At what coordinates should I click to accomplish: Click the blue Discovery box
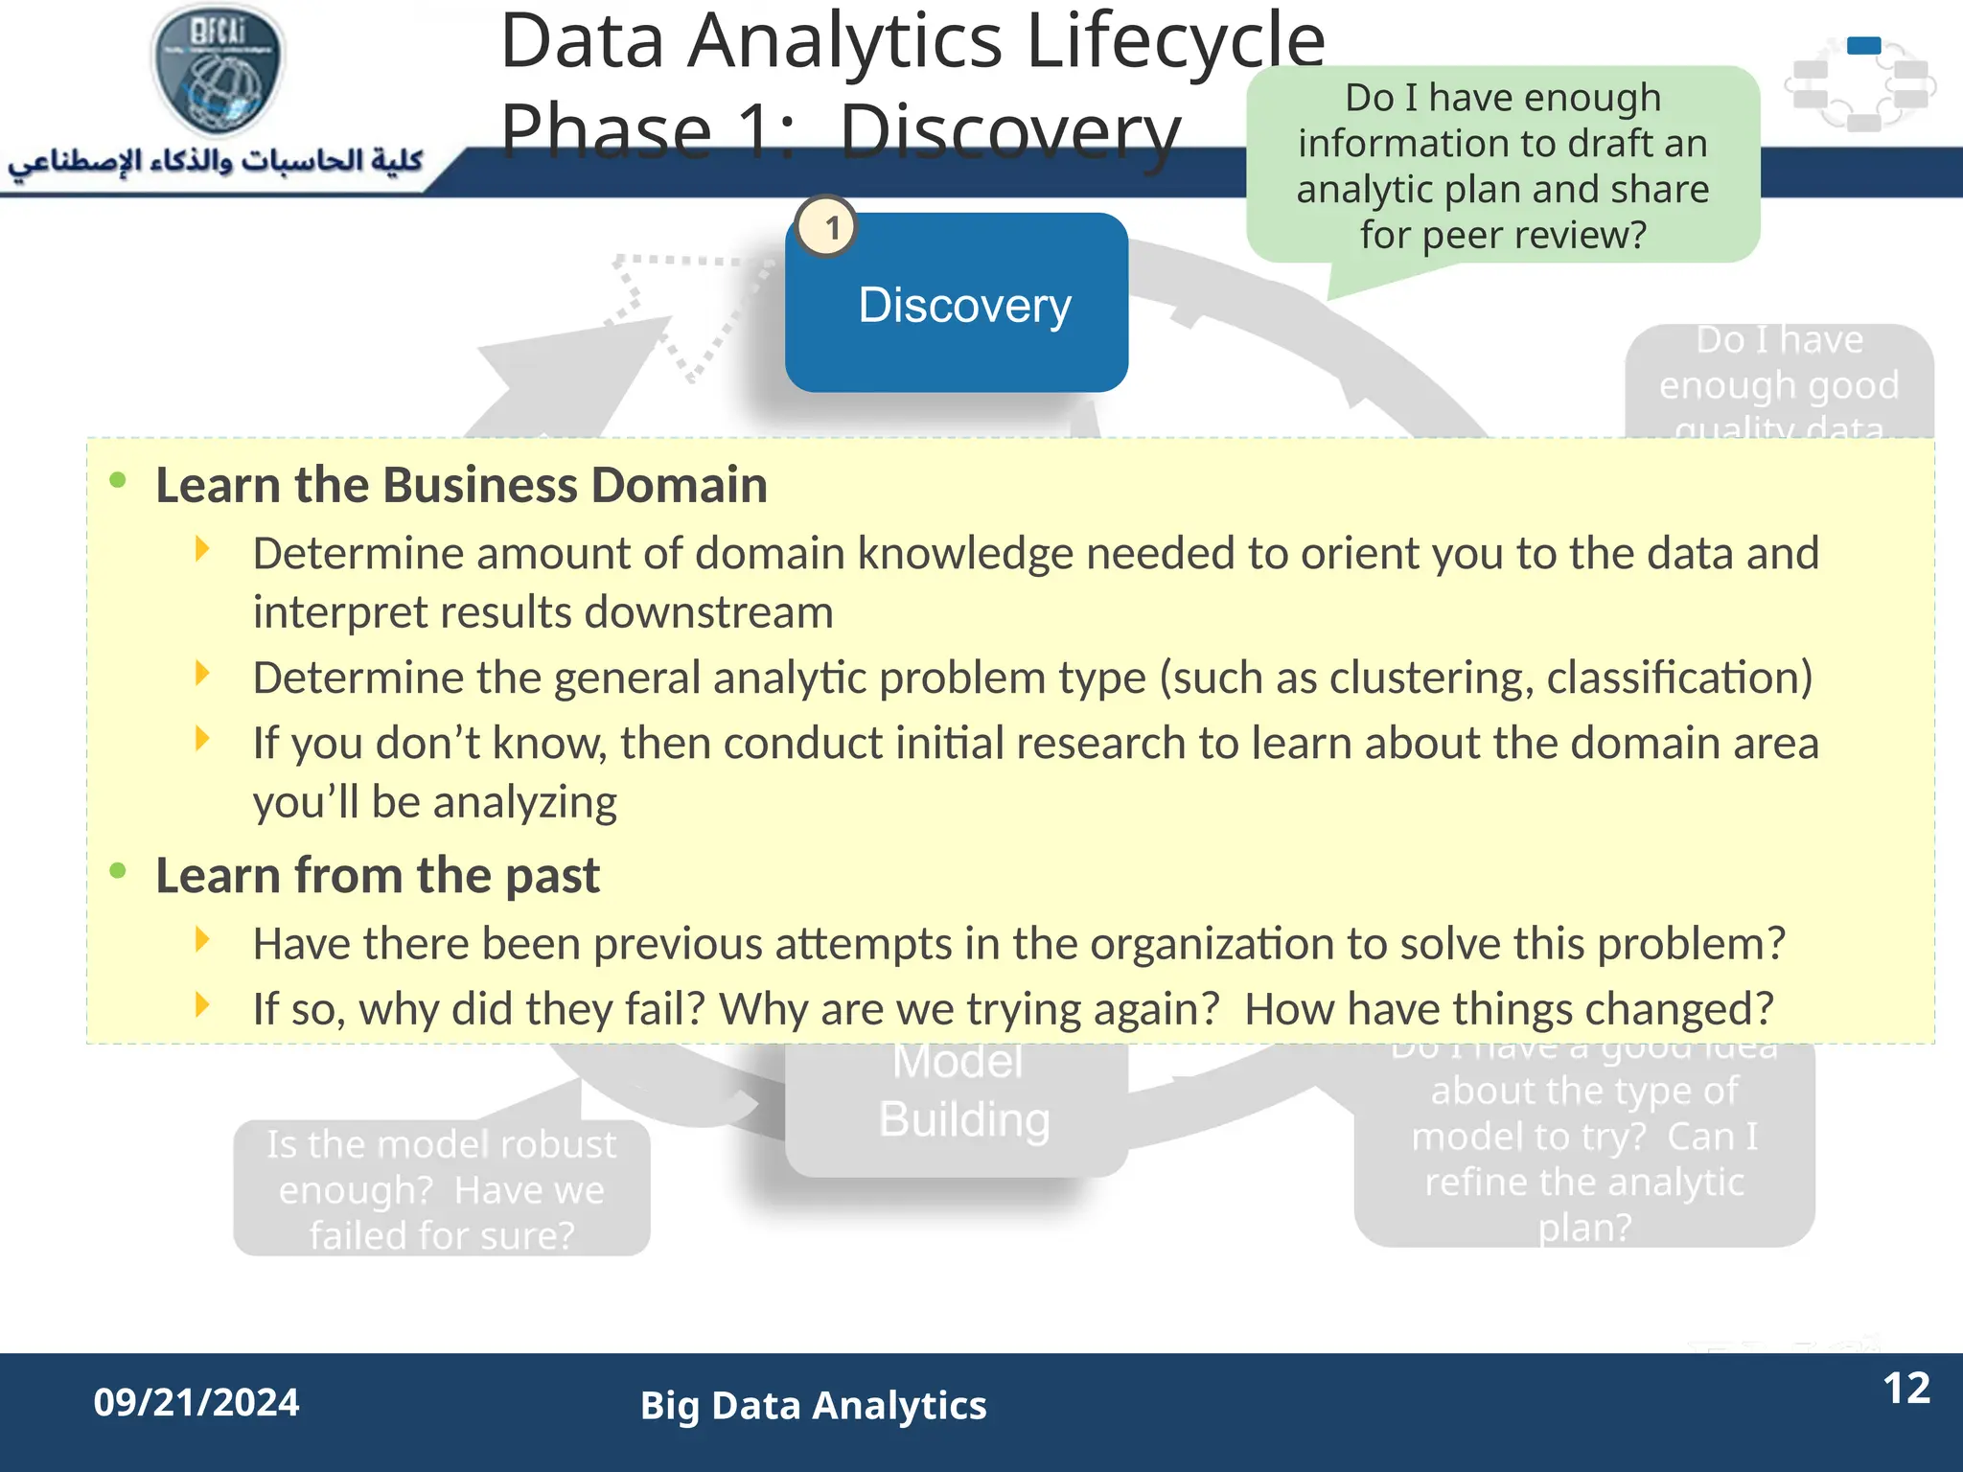[x=956, y=305]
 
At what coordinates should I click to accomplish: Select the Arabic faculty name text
[x=216, y=161]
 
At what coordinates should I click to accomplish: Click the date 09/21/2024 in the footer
[x=196, y=1403]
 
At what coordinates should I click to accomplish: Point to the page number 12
[x=1905, y=1389]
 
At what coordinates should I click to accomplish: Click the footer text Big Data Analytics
[x=813, y=1406]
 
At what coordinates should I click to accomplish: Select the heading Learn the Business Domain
[x=461, y=485]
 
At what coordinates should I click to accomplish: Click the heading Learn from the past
[x=378, y=876]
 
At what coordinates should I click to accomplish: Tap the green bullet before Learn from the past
[x=118, y=871]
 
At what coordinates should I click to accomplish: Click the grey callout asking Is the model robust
[x=442, y=1188]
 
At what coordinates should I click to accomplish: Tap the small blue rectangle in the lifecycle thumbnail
[x=1863, y=45]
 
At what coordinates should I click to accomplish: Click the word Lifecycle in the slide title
[x=1175, y=42]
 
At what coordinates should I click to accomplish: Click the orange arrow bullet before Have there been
[x=202, y=940]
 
